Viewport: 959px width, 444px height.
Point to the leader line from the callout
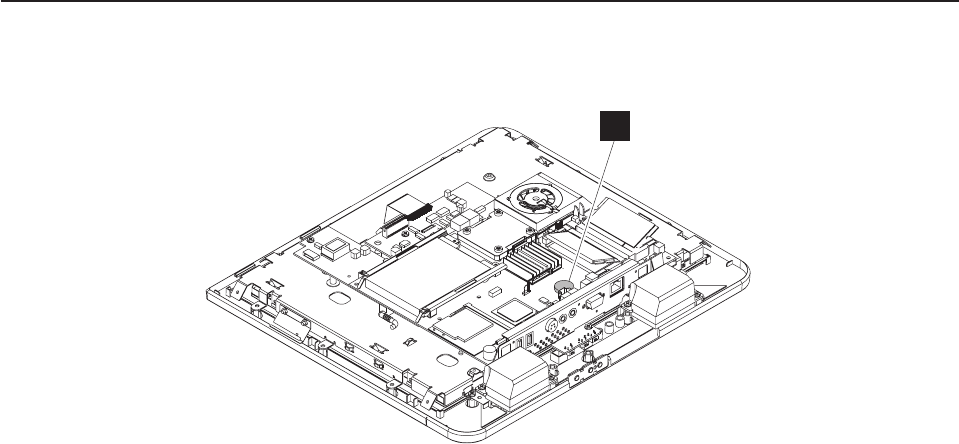(590, 210)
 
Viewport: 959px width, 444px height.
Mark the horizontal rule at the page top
(479, 2)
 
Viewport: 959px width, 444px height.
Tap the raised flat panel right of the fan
(621, 222)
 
